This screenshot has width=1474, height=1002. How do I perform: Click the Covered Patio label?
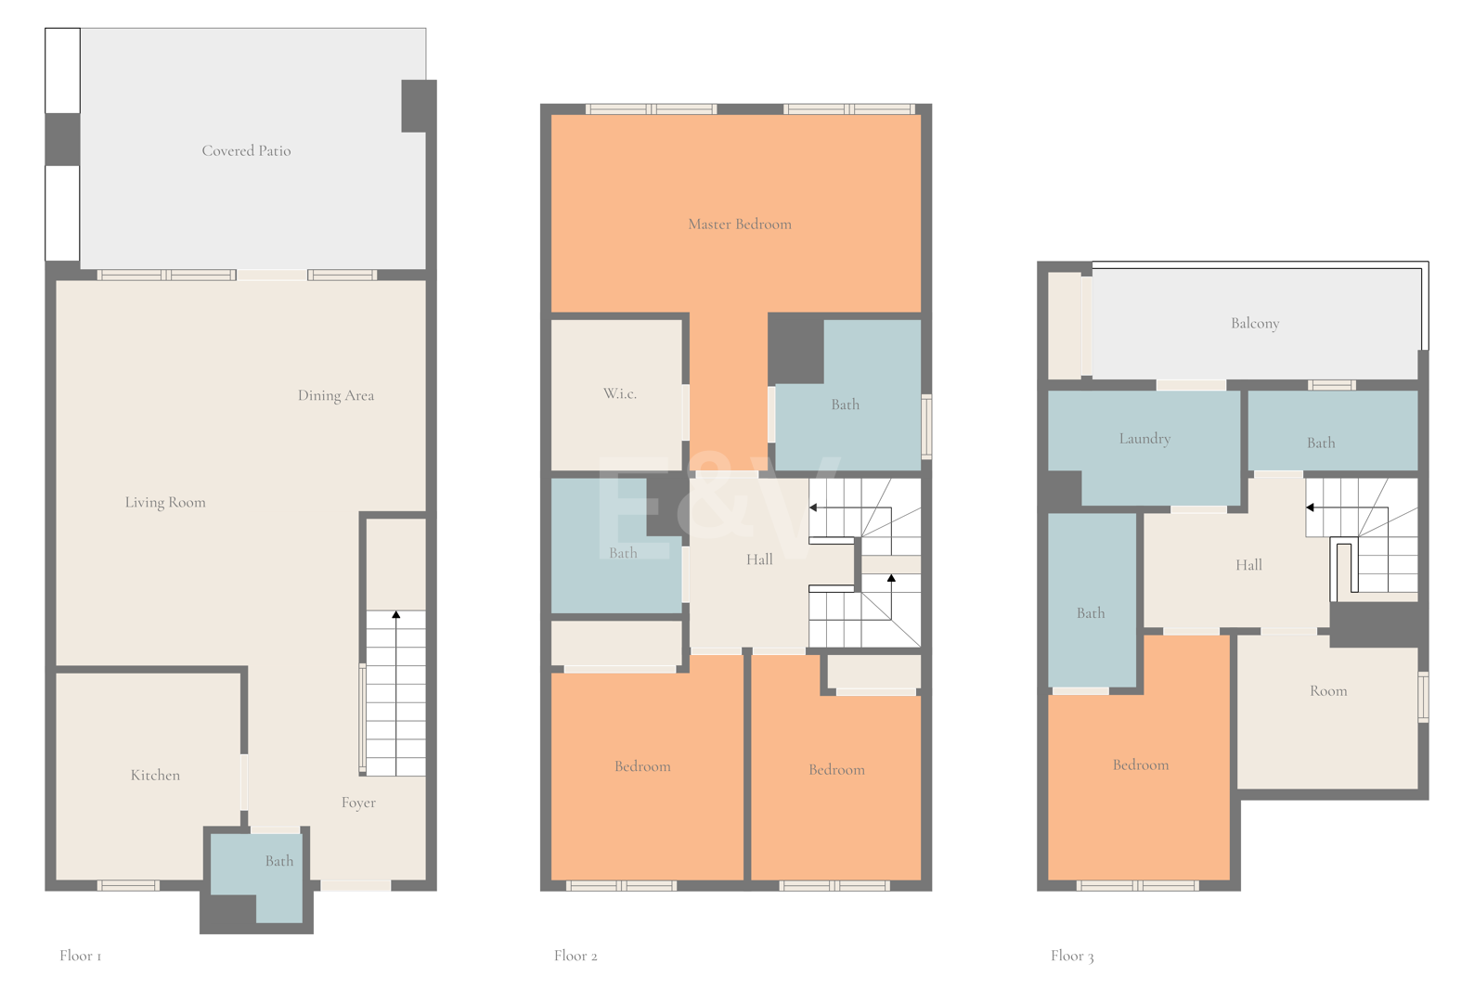coord(246,150)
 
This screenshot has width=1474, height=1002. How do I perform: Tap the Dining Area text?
coord(336,395)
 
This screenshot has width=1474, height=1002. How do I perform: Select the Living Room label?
coord(165,503)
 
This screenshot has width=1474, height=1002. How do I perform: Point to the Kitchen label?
coord(155,775)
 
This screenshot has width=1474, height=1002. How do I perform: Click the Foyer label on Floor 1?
coord(358,803)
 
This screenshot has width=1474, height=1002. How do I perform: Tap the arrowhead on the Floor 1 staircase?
coord(396,614)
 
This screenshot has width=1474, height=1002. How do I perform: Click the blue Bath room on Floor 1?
coord(264,868)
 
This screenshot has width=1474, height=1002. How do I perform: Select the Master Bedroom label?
coord(740,225)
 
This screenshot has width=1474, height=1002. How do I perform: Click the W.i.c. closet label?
coord(620,393)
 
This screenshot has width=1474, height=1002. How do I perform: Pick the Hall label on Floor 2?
coord(759,559)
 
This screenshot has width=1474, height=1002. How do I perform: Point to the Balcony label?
coord(1255,323)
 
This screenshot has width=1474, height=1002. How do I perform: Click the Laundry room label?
coord(1145,439)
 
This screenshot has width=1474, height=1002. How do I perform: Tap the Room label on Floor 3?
coord(1328,691)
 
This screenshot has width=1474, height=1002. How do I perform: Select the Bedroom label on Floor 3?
coord(1141,765)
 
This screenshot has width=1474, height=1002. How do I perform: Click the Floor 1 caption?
coord(80,956)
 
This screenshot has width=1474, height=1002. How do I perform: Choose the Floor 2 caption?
coord(575,956)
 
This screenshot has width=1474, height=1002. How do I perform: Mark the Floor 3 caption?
coord(1072,956)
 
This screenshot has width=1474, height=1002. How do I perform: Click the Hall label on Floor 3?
coord(1248,564)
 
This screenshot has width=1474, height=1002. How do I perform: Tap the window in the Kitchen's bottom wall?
coord(128,885)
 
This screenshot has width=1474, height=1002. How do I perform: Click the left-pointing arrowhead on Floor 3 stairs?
coord(1310,507)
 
